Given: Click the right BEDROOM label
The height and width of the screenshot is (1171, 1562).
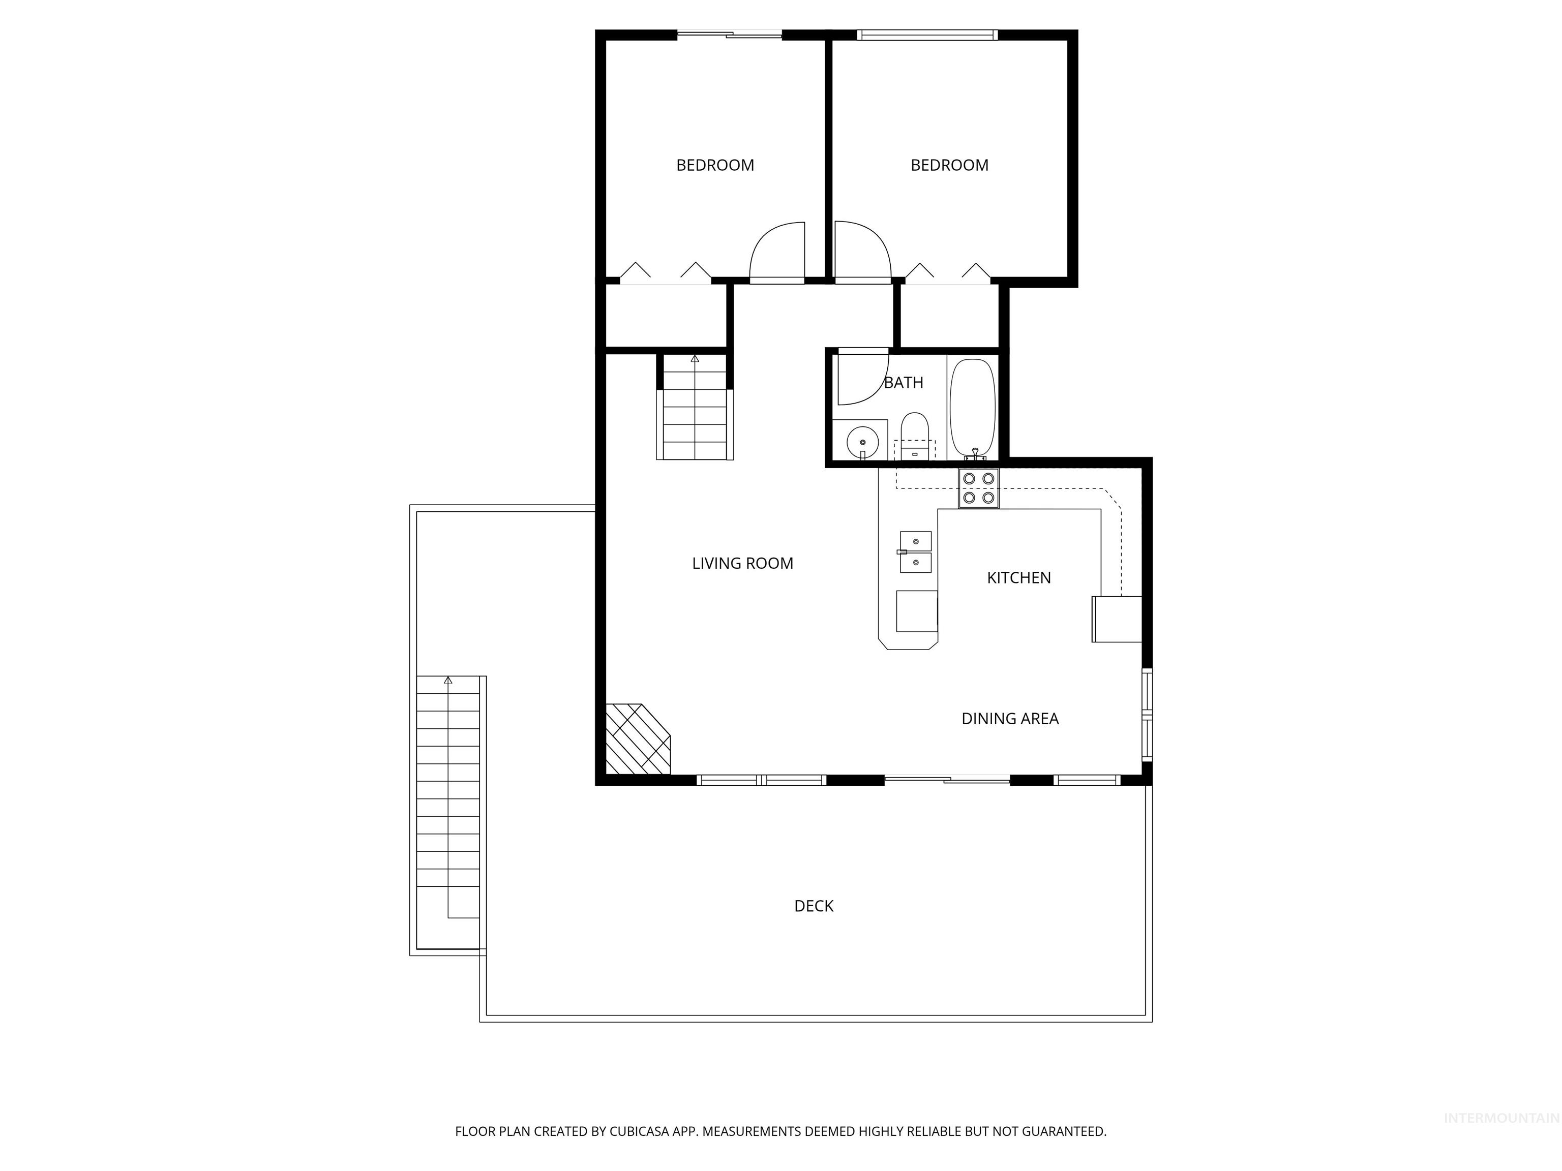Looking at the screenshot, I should pyautogui.click(x=949, y=165).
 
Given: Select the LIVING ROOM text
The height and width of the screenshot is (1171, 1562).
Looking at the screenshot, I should pyautogui.click(x=742, y=563).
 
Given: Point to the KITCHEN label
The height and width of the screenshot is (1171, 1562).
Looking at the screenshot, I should pyautogui.click(x=1018, y=578).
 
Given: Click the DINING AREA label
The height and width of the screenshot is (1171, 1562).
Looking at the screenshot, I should pyautogui.click(x=1010, y=719).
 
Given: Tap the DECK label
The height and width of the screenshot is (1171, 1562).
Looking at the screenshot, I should pyautogui.click(x=814, y=906).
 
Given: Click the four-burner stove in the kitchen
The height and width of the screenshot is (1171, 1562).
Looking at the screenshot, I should pyautogui.click(x=979, y=488).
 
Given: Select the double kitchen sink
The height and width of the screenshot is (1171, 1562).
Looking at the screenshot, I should pyautogui.click(x=915, y=552).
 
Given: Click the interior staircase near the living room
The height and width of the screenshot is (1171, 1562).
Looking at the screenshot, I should pyautogui.click(x=695, y=408).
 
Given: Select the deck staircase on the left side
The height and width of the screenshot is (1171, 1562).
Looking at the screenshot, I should pyautogui.click(x=447, y=797).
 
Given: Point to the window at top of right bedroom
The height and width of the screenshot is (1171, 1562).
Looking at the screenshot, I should pyautogui.click(x=926, y=35).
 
